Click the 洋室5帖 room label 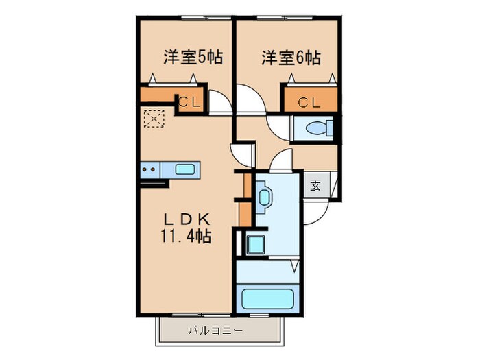tap(186, 58)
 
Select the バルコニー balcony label tap(215, 331)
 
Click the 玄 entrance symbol tap(315, 185)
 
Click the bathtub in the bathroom tap(267, 300)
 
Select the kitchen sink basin tap(185, 169)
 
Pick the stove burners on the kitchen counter tap(149, 169)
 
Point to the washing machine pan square tap(255, 243)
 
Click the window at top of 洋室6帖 tap(287, 18)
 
